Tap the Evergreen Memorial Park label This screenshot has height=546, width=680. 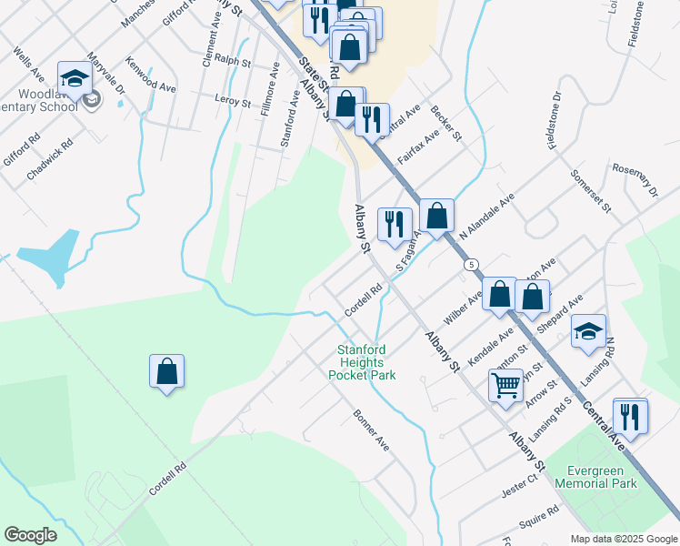pos(600,477)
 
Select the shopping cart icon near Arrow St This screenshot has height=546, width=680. pos(505,383)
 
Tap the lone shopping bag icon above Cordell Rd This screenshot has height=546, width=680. pos(166,371)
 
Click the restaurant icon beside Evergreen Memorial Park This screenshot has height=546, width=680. pos(630,416)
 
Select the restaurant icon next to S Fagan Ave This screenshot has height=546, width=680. pos(395,224)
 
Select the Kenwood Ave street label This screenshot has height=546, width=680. pos(151,76)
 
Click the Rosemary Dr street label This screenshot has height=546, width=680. pos(635,178)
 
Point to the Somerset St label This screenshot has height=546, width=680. pos(591,191)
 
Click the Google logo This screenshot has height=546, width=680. pos(30,535)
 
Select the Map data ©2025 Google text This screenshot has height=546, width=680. pos(623,539)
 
